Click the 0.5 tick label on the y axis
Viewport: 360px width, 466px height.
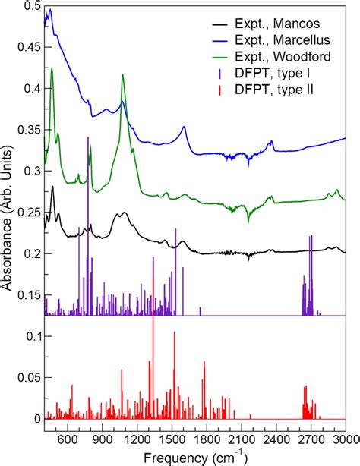[x=30, y=6]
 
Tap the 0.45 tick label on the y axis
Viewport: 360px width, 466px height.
[x=27, y=47]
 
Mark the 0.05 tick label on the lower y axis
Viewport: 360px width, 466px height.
[x=27, y=377]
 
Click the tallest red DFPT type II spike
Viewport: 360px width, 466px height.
[x=153, y=319]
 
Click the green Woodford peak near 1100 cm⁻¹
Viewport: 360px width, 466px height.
[x=122, y=75]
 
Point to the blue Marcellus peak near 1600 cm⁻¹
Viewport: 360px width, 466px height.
[x=184, y=128]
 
